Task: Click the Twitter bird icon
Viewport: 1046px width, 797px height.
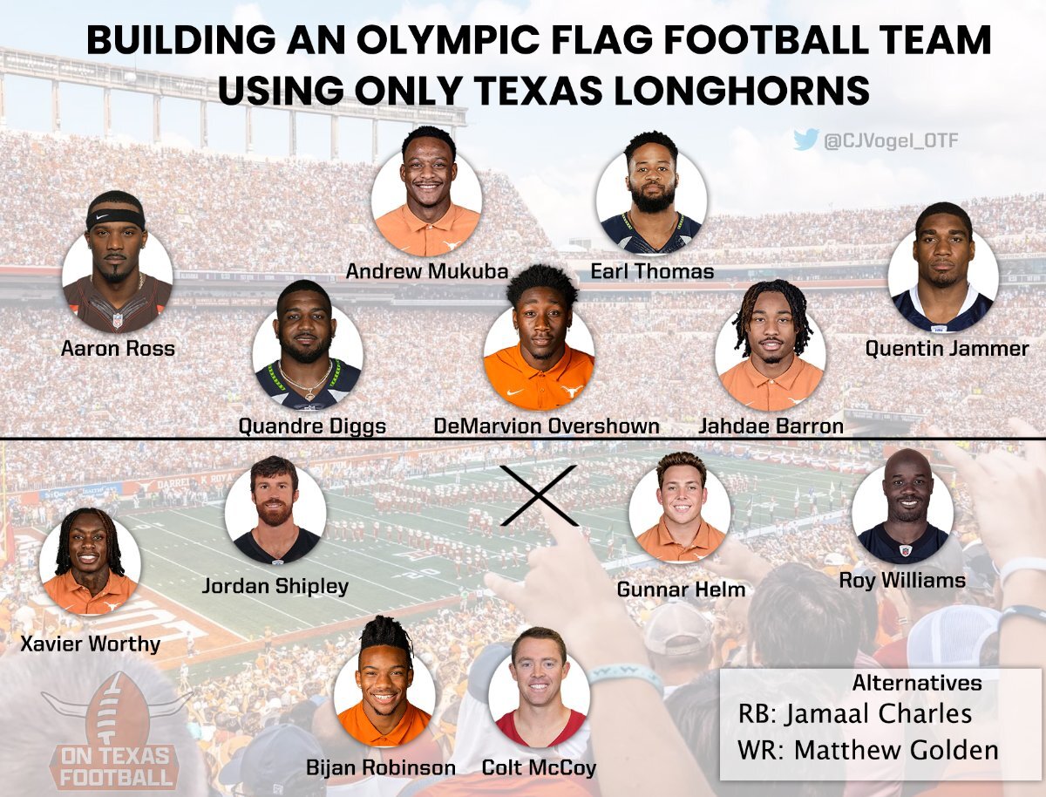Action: pos(806,140)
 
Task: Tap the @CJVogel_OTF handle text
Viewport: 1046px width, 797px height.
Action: pos(891,141)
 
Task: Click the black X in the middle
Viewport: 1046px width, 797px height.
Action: pos(539,495)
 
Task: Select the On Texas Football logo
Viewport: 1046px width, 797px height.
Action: pos(113,730)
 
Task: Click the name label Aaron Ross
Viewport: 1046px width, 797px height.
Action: pos(118,349)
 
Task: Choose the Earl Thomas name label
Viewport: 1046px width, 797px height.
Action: pos(652,272)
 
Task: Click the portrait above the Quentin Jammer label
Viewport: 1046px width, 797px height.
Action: pos(943,269)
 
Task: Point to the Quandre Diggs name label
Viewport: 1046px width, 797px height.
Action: pos(312,426)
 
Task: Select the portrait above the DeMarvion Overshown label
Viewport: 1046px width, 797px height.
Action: pos(539,345)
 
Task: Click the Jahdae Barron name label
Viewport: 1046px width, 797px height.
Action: pos(771,426)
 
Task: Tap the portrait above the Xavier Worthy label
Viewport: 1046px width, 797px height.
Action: pos(90,562)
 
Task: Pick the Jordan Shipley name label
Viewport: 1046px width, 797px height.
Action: pos(275,586)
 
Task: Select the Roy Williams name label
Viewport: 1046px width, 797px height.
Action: pos(902,581)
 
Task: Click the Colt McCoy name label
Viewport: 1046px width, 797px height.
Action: pos(539,768)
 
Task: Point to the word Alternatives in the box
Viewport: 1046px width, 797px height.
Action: pos(917,683)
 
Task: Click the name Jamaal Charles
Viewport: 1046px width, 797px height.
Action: pos(878,714)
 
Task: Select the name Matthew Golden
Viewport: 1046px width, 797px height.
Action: pos(896,750)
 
